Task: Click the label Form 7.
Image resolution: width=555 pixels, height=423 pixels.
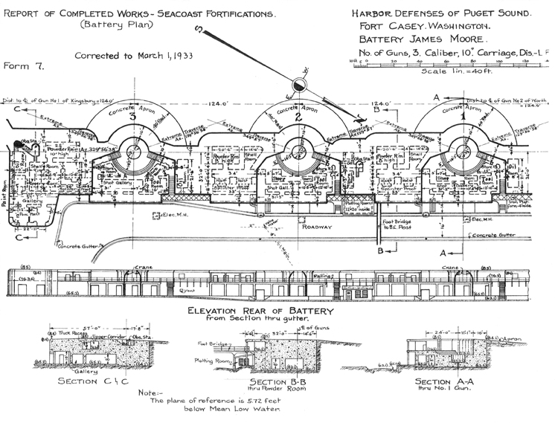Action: (x=25, y=65)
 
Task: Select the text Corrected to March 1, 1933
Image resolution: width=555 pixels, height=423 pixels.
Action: (x=132, y=56)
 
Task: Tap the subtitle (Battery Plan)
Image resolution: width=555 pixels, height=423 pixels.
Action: (x=134, y=22)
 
